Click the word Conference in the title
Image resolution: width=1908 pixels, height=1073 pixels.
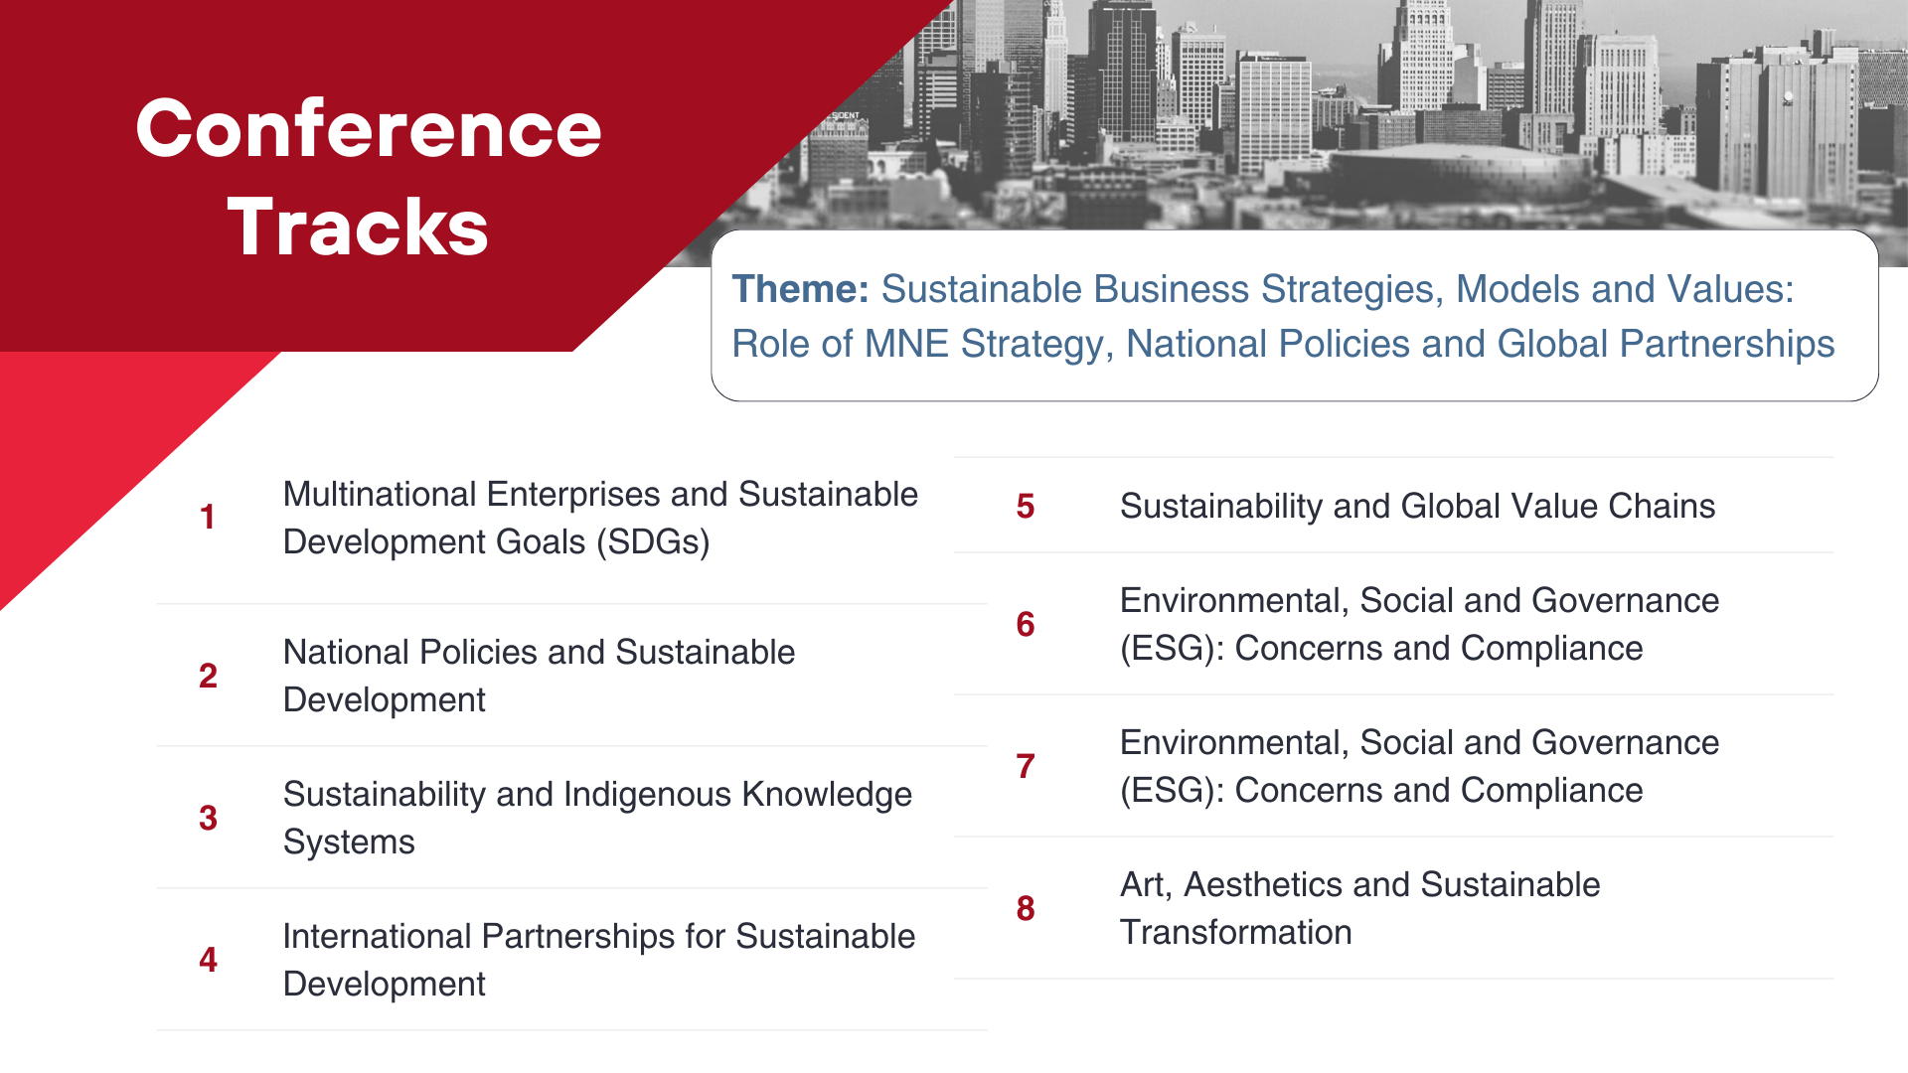coord(369,129)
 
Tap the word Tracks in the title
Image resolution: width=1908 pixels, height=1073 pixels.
coord(358,227)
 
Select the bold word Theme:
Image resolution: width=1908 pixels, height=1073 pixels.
coord(801,289)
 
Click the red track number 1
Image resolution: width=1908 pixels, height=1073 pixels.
coord(207,518)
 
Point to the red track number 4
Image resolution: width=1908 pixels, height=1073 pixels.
coord(208,960)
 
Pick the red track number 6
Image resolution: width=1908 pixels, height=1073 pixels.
coord(1026,624)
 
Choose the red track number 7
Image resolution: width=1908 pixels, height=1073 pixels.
coord(1026,766)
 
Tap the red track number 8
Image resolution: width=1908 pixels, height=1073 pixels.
coord(1026,908)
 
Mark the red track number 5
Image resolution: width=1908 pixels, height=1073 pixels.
coord(1026,507)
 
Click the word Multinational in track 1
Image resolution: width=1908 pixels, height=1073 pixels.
coord(379,494)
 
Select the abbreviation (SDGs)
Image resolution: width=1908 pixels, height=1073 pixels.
coord(653,542)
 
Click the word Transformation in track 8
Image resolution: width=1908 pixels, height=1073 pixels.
coord(1235,932)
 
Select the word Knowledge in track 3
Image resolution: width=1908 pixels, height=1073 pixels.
coord(827,795)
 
